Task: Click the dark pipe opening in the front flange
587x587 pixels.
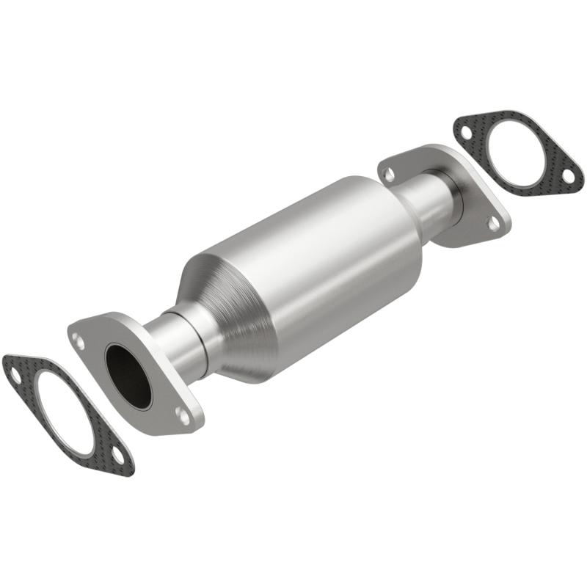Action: [x=128, y=375]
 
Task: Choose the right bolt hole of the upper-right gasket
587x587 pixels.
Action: [x=567, y=175]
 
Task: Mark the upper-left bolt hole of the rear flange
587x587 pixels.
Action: [x=390, y=174]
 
